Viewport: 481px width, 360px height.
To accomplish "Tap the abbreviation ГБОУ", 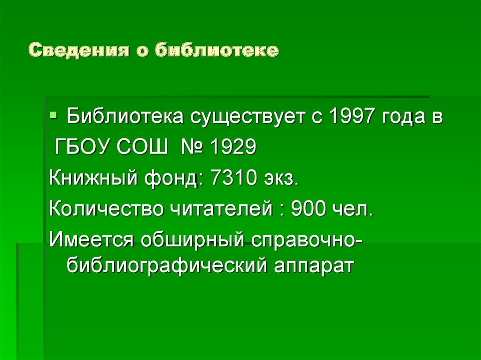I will click(x=82, y=148).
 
